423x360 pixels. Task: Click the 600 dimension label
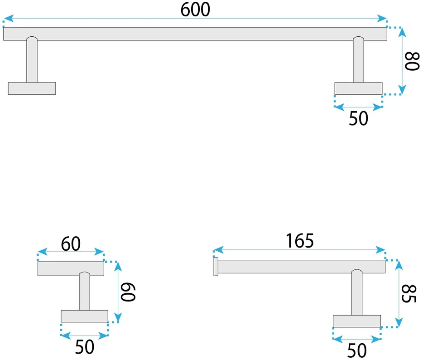(x=195, y=10)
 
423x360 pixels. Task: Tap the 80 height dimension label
(x=412, y=61)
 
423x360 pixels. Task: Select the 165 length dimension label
(x=299, y=241)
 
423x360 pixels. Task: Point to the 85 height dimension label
(x=409, y=293)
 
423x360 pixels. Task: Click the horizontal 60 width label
(x=71, y=243)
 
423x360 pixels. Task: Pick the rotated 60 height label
(x=128, y=292)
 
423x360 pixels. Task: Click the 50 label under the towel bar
(x=358, y=118)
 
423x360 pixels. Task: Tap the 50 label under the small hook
(x=85, y=347)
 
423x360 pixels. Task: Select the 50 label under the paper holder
(x=356, y=350)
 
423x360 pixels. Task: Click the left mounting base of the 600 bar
(x=32, y=88)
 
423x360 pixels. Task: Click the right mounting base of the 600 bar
(x=358, y=88)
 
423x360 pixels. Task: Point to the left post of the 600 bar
(x=32, y=59)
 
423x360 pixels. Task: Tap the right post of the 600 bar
(x=358, y=59)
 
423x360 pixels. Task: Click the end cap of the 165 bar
(x=216, y=267)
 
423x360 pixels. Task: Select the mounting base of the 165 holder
(x=356, y=321)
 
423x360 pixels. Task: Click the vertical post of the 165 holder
(x=356, y=292)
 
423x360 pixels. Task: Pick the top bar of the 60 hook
(x=71, y=268)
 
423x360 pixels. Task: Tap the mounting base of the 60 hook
(x=84, y=316)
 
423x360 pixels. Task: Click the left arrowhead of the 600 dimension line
(x=9, y=19)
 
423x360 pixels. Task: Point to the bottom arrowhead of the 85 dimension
(x=399, y=322)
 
